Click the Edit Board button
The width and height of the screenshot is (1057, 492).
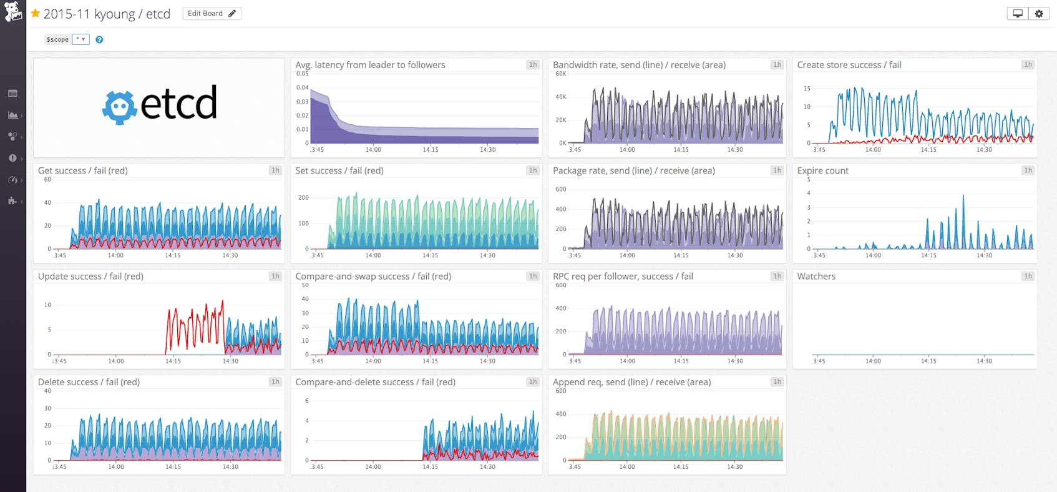[212, 13]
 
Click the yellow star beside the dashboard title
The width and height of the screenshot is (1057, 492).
[36, 13]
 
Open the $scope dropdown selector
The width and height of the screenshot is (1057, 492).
[80, 39]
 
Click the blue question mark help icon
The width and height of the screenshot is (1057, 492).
[99, 39]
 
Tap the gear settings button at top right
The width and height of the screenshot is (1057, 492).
[1039, 13]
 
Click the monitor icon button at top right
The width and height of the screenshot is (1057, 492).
[1018, 13]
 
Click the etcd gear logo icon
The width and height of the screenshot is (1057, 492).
[119, 107]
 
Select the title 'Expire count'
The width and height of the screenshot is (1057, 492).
[822, 170]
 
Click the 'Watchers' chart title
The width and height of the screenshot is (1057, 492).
[816, 276]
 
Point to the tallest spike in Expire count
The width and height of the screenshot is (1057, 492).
[963, 197]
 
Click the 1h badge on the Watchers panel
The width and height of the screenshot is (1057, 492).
[1027, 276]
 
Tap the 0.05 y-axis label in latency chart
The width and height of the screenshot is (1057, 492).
[302, 74]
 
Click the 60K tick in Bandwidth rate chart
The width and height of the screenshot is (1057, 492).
[560, 74]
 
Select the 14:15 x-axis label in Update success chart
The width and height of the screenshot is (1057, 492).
[173, 361]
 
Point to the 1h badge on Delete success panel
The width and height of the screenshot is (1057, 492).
[275, 382]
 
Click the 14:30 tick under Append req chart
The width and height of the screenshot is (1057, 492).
[735, 466]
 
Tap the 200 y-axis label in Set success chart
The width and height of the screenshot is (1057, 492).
[303, 197]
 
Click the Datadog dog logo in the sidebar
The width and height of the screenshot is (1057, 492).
[12, 11]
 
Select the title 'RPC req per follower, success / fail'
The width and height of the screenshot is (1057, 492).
[623, 276]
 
